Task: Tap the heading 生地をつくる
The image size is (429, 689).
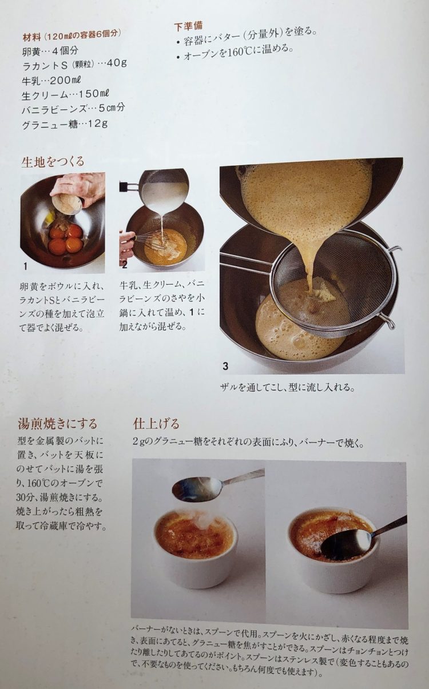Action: [53, 162]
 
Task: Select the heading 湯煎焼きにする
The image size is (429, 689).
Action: [58, 424]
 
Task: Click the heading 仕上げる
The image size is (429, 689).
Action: [156, 424]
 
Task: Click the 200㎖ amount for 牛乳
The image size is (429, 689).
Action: [65, 80]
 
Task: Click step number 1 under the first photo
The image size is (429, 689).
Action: [26, 266]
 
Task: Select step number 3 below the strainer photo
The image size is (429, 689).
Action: [225, 366]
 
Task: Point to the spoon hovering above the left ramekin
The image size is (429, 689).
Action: [216, 485]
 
